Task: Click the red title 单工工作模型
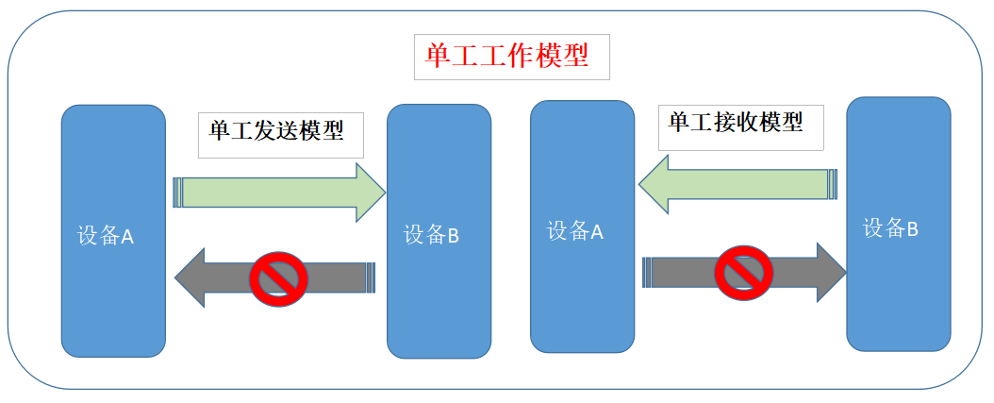click(x=507, y=56)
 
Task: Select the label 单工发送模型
click(x=275, y=129)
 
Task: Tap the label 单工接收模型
click(x=736, y=122)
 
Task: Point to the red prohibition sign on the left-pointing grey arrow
click(x=278, y=276)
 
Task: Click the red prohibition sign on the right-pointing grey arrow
click(x=744, y=272)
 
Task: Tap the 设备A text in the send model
click(x=106, y=236)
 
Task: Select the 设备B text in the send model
click(x=431, y=235)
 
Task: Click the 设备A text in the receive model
click(x=574, y=230)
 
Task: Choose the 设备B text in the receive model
click(x=891, y=227)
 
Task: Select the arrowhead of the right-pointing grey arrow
click(x=830, y=272)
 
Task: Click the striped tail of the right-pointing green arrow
click(x=177, y=193)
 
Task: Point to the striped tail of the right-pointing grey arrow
click(x=647, y=272)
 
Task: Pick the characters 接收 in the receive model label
click(x=736, y=122)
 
